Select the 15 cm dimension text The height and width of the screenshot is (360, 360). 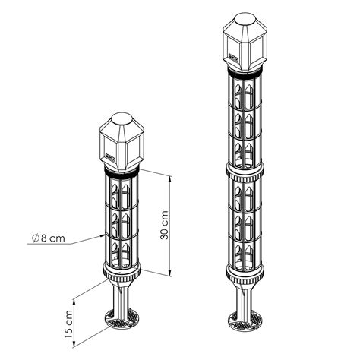69,322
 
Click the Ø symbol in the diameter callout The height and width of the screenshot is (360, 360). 36,238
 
